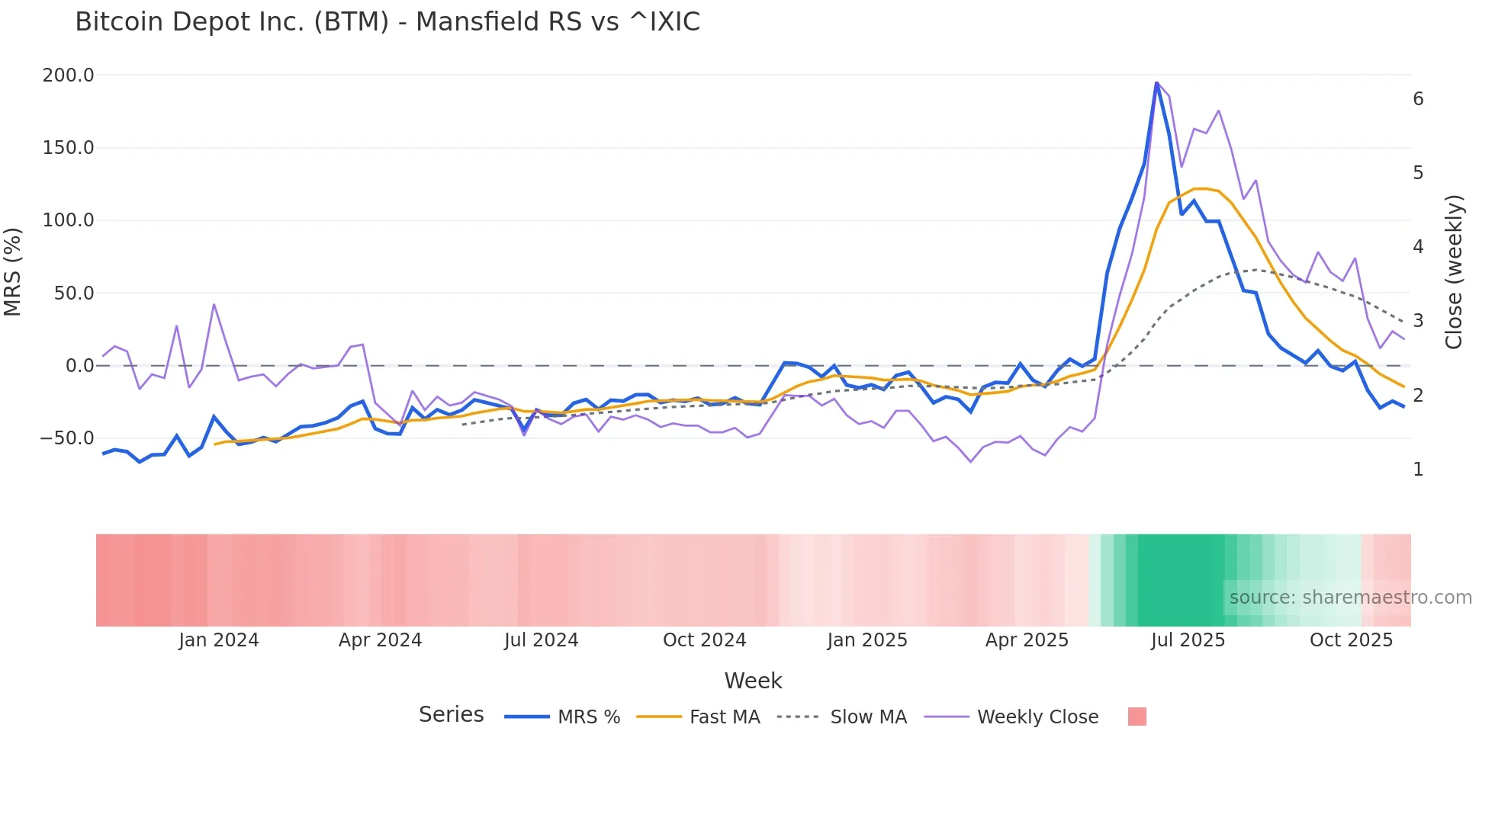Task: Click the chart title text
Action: pyautogui.click(x=387, y=22)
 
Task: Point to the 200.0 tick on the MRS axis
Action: pyautogui.click(x=69, y=75)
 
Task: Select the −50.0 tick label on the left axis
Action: pyautogui.click(x=67, y=438)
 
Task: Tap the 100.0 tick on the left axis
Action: pyautogui.click(x=69, y=220)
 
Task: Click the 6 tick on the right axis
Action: pyautogui.click(x=1418, y=99)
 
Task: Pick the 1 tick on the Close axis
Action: pyautogui.click(x=1418, y=470)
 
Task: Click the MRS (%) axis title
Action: pyautogui.click(x=13, y=272)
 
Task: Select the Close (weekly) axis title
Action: pyautogui.click(x=1454, y=272)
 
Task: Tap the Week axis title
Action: pyautogui.click(x=753, y=681)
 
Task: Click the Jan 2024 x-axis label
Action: pyautogui.click(x=219, y=640)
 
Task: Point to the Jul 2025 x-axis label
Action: pyautogui.click(x=1188, y=640)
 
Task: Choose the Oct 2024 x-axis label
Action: pyautogui.click(x=704, y=640)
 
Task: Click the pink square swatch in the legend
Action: pyautogui.click(x=1137, y=717)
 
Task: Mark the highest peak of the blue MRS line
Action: pyautogui.click(x=1156, y=82)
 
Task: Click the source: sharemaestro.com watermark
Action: pyautogui.click(x=1350, y=598)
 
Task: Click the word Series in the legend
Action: pyautogui.click(x=451, y=715)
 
